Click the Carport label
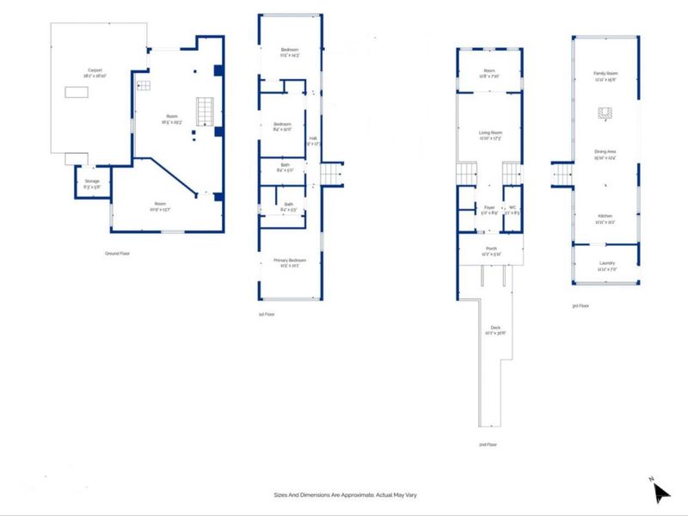click(94, 72)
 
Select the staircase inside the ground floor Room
click(205, 112)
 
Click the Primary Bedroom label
click(290, 261)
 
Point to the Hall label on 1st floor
click(314, 139)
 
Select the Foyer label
click(488, 209)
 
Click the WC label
click(513, 209)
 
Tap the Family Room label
click(605, 77)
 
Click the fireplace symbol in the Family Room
click(605, 113)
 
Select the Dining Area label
click(605, 155)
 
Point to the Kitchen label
click(605, 218)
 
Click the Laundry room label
click(605, 265)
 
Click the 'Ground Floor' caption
click(117, 254)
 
